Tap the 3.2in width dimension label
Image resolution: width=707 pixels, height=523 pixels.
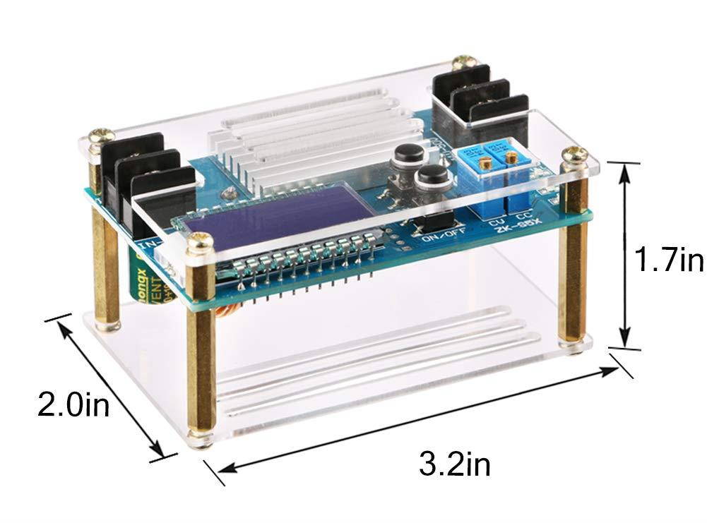pyautogui.click(x=454, y=464)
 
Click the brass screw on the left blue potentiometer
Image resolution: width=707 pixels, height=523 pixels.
pyautogui.click(x=487, y=162)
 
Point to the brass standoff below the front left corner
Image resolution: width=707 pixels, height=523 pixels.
pyautogui.click(x=201, y=374)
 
